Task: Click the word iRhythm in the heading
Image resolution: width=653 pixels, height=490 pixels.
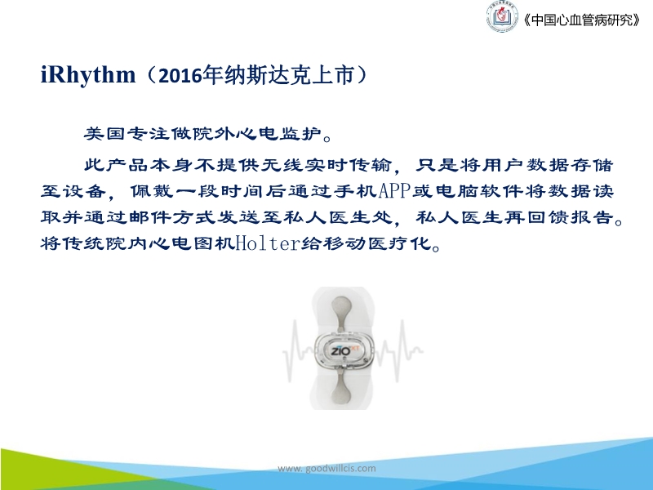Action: pos(87,76)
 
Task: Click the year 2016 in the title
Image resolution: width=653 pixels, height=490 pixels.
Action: pos(180,77)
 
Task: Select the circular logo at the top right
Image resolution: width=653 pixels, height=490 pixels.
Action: pos(501,19)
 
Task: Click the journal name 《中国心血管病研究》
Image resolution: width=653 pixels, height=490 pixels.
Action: pos(580,21)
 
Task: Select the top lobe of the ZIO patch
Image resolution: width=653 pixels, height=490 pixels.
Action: pos(342,311)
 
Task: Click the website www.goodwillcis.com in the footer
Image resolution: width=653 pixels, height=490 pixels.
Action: pos(326,468)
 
